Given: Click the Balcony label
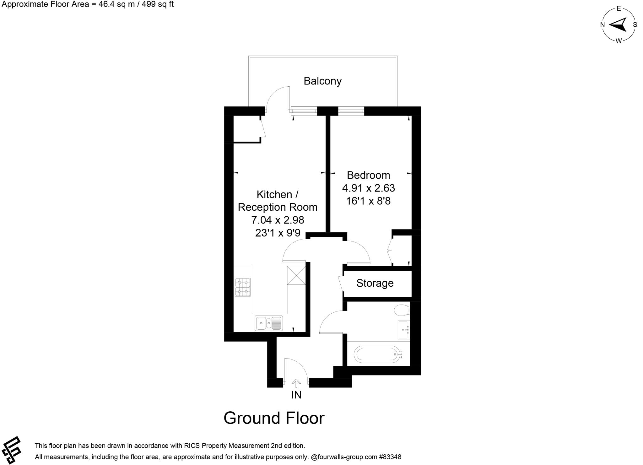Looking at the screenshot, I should (322, 81).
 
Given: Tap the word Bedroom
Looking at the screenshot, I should (368, 175).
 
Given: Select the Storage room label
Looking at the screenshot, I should (375, 283).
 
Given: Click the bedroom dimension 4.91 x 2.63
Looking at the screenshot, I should (368, 188).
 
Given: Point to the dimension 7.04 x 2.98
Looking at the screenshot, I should (278, 220).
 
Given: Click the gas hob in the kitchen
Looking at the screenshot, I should (243, 287).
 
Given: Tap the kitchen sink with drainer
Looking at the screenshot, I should (269, 323).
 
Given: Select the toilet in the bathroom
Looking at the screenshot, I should (402, 310).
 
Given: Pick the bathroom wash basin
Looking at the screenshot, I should (404, 330).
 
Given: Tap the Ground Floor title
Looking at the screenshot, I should (274, 418).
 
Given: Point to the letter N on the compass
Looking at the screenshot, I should (602, 25).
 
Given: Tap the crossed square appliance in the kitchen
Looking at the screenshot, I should (296, 275).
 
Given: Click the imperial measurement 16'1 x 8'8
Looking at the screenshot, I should (368, 201).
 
